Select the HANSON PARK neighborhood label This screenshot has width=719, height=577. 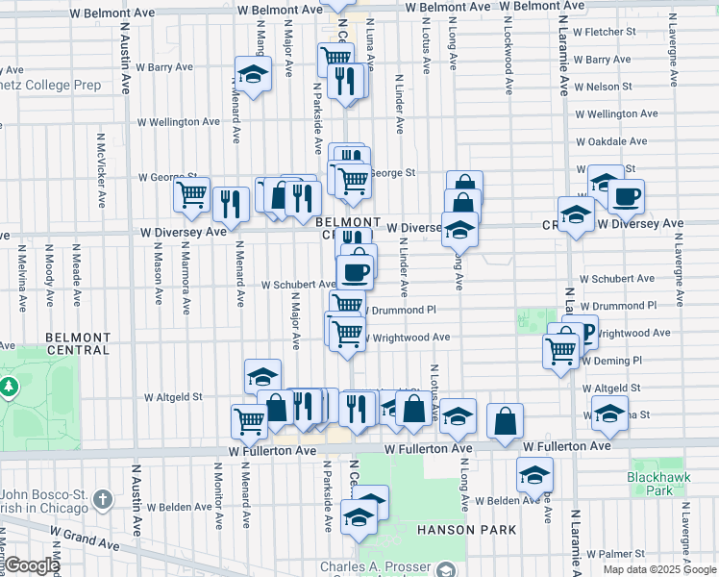(x=466, y=530)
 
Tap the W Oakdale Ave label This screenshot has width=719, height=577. (x=611, y=141)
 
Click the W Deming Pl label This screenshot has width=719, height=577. (x=611, y=361)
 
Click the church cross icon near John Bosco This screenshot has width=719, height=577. (x=103, y=500)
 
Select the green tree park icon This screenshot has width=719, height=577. (x=10, y=388)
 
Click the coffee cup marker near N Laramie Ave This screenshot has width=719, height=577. (x=626, y=197)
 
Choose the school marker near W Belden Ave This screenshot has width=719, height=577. (x=534, y=473)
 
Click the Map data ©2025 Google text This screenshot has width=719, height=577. (x=660, y=569)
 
